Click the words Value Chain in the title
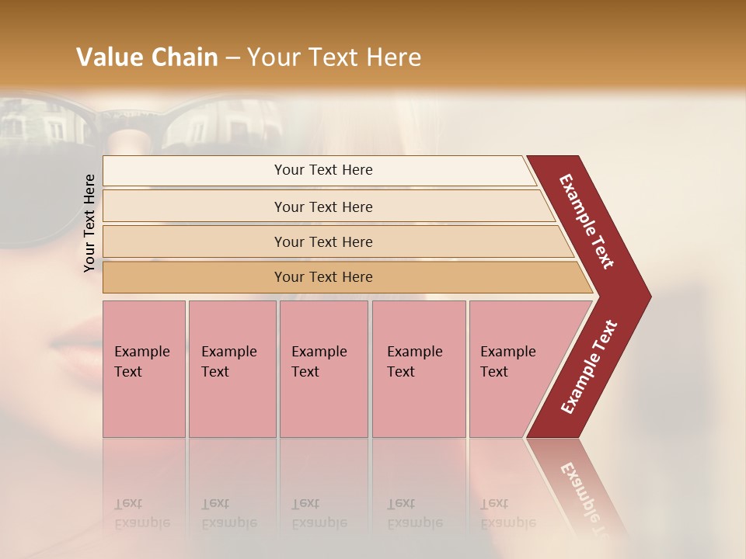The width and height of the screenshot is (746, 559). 147,57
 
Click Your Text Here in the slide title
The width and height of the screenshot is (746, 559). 334,57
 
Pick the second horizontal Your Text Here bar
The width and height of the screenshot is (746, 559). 323,207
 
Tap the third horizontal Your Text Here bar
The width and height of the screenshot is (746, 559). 323,241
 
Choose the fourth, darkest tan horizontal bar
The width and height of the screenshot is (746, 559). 323,277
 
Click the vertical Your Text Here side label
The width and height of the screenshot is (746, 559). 89,223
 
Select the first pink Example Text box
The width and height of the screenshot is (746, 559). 144,368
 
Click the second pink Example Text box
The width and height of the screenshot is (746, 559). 232,368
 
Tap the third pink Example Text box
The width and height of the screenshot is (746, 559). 323,368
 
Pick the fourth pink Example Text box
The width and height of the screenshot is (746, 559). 418,368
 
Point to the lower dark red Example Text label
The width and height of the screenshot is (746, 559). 589,368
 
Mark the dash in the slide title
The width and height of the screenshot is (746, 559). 232,58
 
